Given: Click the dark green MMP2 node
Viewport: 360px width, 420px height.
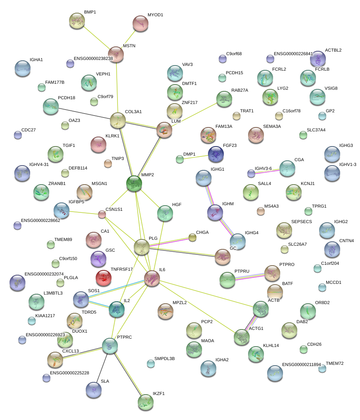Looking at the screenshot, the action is coord(134,183).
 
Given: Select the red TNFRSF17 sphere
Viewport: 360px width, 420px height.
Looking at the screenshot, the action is coord(104,278).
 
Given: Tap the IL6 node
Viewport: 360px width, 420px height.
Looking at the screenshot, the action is coord(152,279).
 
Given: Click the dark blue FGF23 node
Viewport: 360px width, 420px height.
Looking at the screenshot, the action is coord(216,154).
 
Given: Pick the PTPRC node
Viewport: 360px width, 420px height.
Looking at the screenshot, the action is coord(110,346).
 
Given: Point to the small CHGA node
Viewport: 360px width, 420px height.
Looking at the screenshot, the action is coord(193,237).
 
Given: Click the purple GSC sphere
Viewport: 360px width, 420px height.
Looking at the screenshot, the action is coord(98,259).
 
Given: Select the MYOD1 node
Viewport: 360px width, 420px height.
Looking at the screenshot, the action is coord(141,23).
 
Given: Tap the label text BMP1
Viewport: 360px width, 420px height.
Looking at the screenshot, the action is coord(90,12).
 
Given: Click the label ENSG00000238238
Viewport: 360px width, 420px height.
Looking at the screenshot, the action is coord(93,58).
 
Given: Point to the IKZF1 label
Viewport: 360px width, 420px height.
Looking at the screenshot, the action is coord(159,393).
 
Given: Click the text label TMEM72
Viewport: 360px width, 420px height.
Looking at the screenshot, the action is coord(335,364).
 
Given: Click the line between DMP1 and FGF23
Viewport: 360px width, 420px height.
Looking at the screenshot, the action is coord(196,157).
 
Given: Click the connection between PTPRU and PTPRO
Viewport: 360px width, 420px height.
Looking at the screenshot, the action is coord(250,277).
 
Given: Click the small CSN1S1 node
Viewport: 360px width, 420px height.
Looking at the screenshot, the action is coord(102,214).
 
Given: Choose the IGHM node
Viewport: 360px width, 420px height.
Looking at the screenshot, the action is coord(215,213).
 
